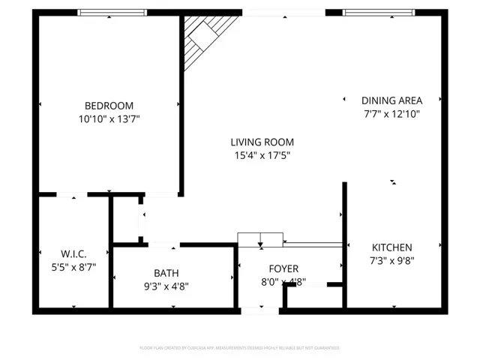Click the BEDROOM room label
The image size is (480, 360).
109,106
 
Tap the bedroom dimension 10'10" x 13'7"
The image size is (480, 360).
109,118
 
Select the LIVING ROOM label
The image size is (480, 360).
262,142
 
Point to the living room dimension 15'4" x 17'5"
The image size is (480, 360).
262,155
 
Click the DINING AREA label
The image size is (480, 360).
391,100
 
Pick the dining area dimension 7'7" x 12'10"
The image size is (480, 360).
391,114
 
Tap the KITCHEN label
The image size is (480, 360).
391,247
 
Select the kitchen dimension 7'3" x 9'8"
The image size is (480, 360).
391,261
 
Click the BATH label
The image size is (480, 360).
166,273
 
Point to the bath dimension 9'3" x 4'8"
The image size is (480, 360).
166,286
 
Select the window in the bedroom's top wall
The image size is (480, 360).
112,12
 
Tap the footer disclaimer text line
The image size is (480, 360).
240,348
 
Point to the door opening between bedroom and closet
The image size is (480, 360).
72,195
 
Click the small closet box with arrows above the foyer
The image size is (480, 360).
260,240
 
